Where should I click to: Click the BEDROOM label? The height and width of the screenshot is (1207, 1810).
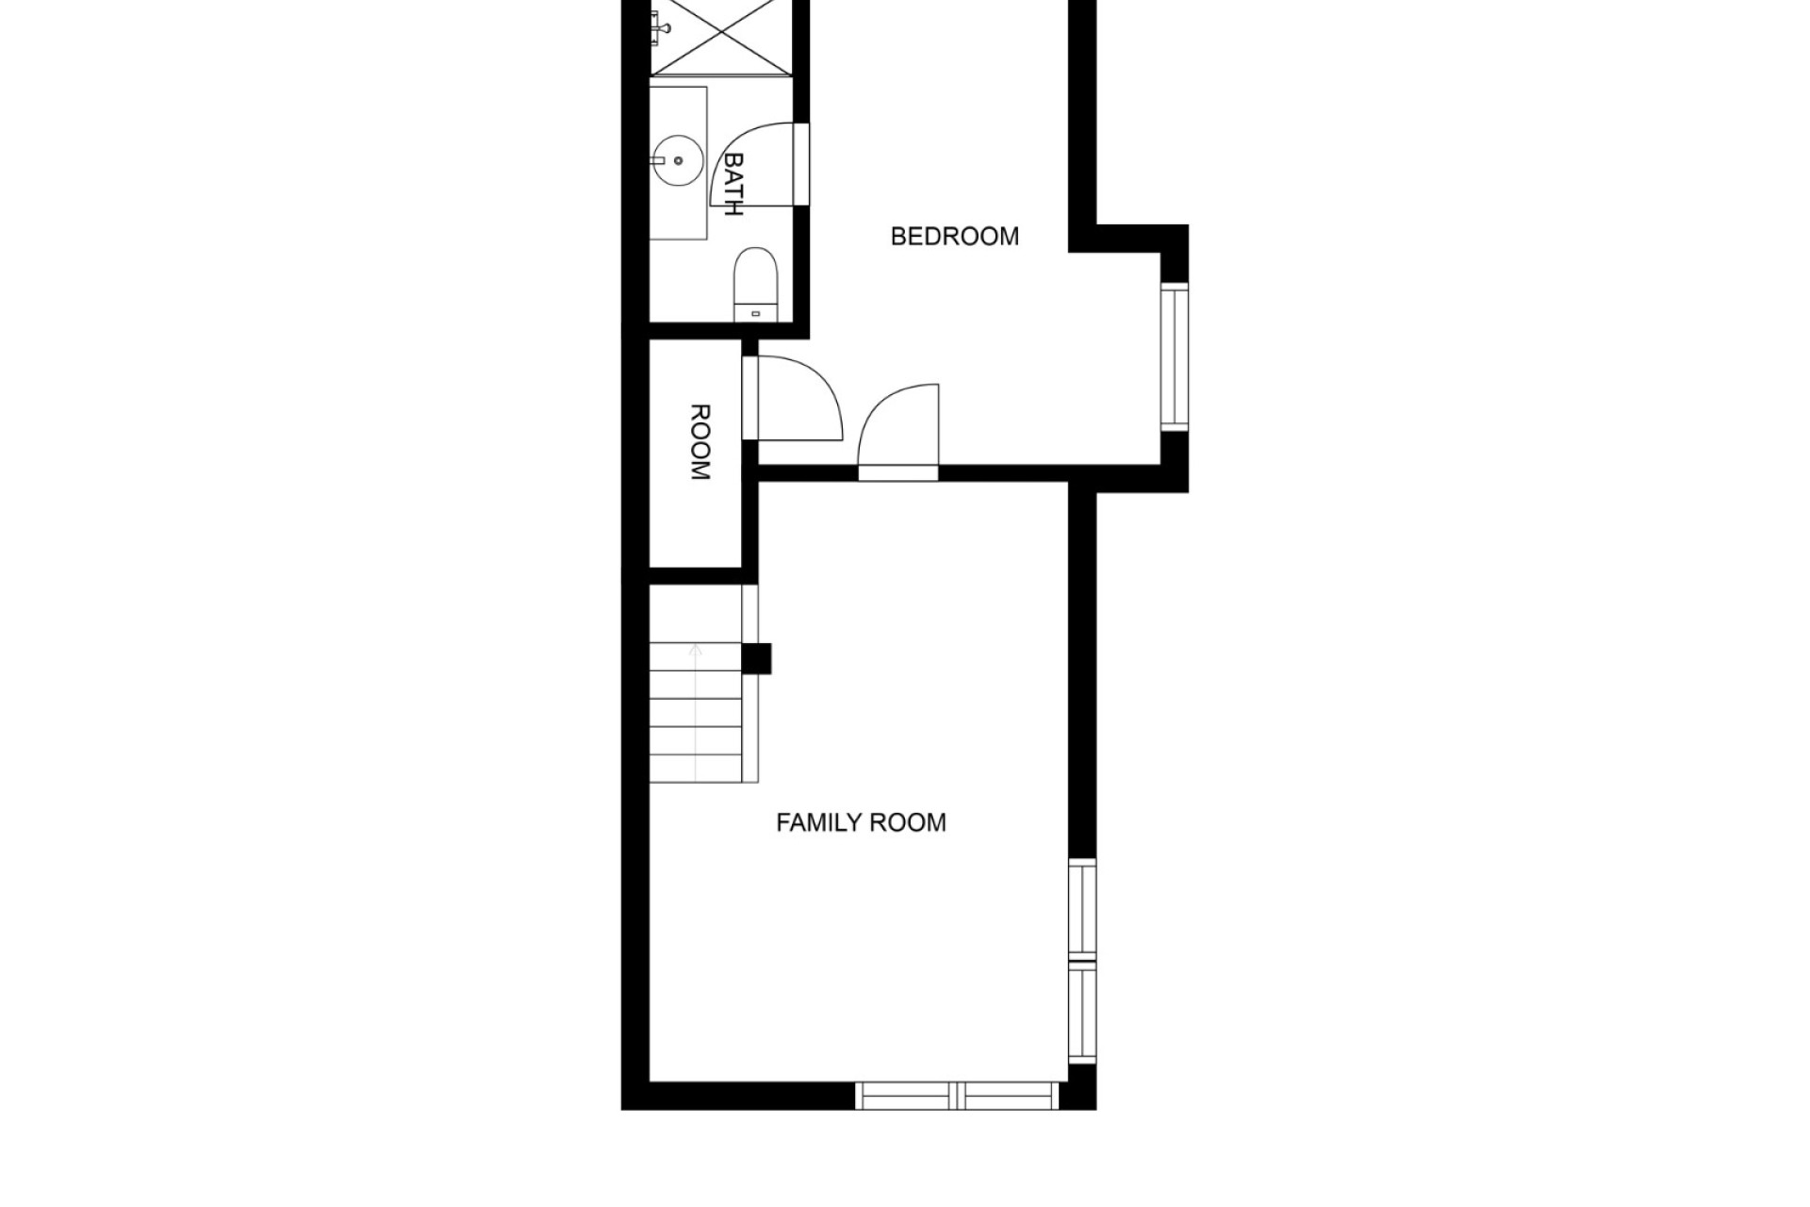coord(955,236)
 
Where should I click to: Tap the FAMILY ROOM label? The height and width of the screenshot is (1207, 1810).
coord(861,822)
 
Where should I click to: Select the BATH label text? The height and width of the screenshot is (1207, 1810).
coord(732,185)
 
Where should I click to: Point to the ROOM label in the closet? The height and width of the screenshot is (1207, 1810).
coord(700,442)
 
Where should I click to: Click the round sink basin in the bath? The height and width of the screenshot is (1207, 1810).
coord(678,161)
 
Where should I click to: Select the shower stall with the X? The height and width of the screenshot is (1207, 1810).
coord(721,36)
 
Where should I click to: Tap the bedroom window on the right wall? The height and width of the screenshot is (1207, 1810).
coord(1175,356)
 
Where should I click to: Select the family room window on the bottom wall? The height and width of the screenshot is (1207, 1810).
coord(957,1096)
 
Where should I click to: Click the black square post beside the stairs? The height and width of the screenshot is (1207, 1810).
coord(757,658)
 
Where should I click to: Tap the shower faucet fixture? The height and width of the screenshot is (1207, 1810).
coord(659,25)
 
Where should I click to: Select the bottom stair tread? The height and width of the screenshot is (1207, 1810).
coord(696,769)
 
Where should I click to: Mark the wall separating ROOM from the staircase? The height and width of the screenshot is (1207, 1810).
coord(696,576)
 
